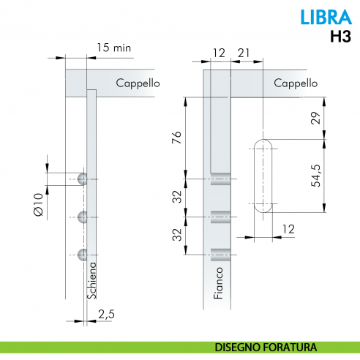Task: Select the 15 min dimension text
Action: click(113, 48)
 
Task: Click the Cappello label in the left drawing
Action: click(138, 83)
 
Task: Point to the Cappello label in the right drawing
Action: click(296, 83)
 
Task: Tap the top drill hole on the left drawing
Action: click(83, 179)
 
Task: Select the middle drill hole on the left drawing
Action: click(83, 217)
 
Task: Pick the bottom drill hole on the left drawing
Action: click(83, 255)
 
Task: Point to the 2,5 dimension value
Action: click(106, 314)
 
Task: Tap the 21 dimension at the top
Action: click(244, 53)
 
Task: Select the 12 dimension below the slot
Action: click(288, 229)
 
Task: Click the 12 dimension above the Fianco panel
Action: click(219, 53)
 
